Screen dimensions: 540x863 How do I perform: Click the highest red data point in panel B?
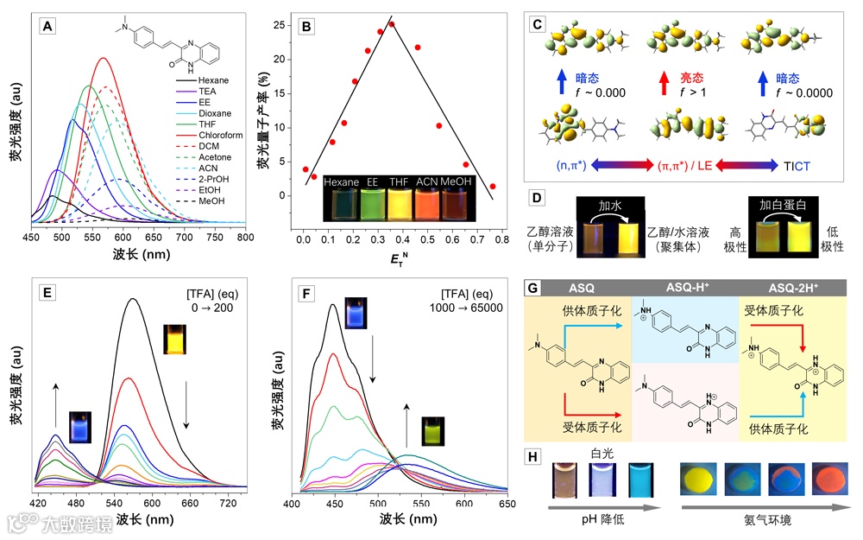click(392, 24)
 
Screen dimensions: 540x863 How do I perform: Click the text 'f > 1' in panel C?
click(689, 92)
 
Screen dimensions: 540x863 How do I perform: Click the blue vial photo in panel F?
click(354, 312)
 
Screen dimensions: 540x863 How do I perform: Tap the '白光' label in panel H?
click(601, 452)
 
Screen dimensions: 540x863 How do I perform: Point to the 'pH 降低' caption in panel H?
click(602, 521)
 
